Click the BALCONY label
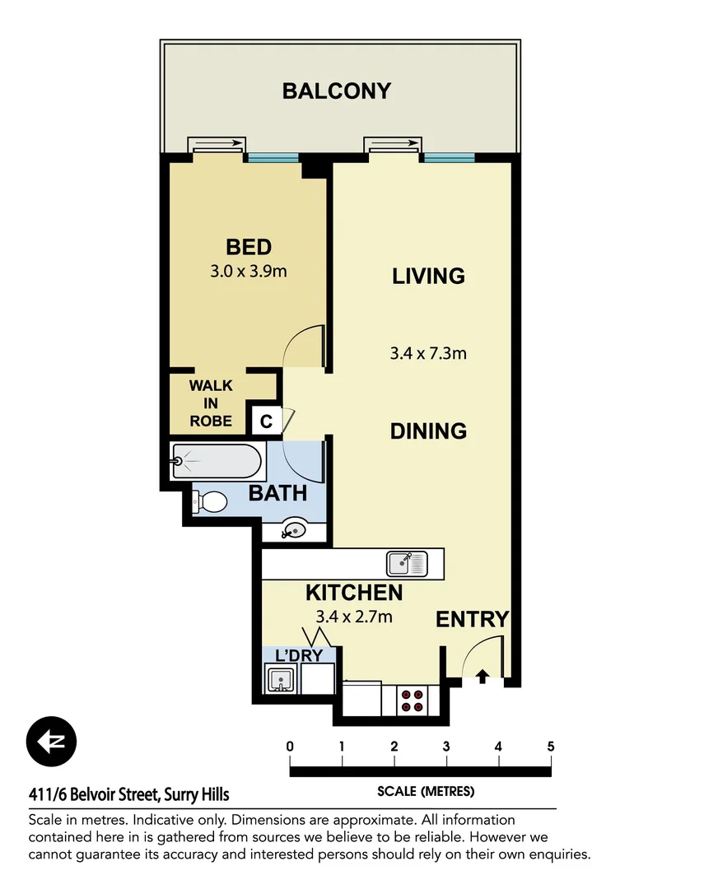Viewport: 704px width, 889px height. [x=336, y=91]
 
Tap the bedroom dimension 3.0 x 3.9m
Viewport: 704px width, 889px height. [x=249, y=272]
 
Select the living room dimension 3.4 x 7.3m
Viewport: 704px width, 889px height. [x=428, y=354]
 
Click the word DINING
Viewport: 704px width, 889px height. [x=428, y=431]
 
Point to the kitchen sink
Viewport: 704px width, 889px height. [x=407, y=564]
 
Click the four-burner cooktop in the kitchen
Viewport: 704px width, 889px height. [x=412, y=700]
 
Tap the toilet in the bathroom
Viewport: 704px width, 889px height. [x=211, y=501]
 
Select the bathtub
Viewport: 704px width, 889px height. [x=217, y=463]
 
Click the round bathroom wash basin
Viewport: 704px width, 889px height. [x=292, y=530]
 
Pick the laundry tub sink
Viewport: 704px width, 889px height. [x=280, y=680]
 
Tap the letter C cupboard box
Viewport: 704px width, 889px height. [x=265, y=421]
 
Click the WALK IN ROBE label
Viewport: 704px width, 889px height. [x=211, y=403]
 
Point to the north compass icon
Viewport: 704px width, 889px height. [x=51, y=742]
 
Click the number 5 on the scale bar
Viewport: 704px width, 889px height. [x=550, y=747]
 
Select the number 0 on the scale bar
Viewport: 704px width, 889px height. [x=290, y=747]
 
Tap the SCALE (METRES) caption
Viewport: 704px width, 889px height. [x=425, y=792]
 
